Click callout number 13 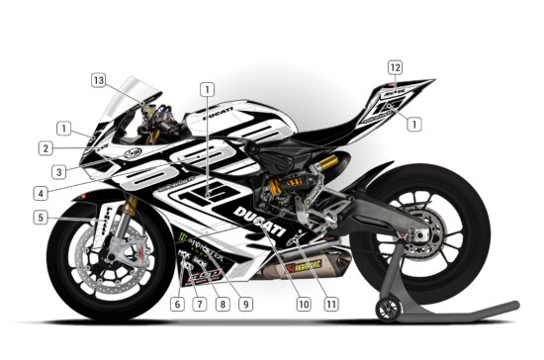click(125, 79)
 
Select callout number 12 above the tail click(396, 67)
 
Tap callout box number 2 click(45, 149)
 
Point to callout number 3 click(59, 171)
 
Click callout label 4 click(40, 192)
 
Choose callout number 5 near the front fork click(40, 218)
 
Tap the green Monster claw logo click(183, 238)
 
